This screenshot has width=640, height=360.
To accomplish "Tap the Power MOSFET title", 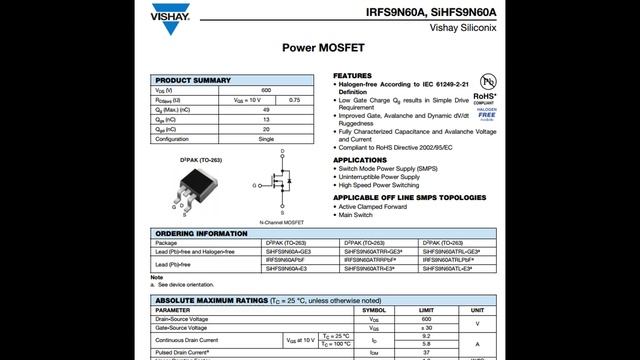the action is pos(319,47).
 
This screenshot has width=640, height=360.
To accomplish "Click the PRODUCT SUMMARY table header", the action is pos(193,80).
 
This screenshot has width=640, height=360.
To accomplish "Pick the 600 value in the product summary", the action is pos(266,91).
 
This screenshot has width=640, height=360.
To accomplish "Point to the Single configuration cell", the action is pos(266,139).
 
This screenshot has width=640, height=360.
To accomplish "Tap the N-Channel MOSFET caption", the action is pos(281,221).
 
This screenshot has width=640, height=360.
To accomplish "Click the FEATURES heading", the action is pos(353,76).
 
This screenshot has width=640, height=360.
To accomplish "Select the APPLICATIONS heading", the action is pos(360,160).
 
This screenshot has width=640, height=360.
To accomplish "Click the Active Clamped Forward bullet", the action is pos(375,207).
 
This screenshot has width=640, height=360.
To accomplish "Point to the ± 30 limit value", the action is pos(427,328).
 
